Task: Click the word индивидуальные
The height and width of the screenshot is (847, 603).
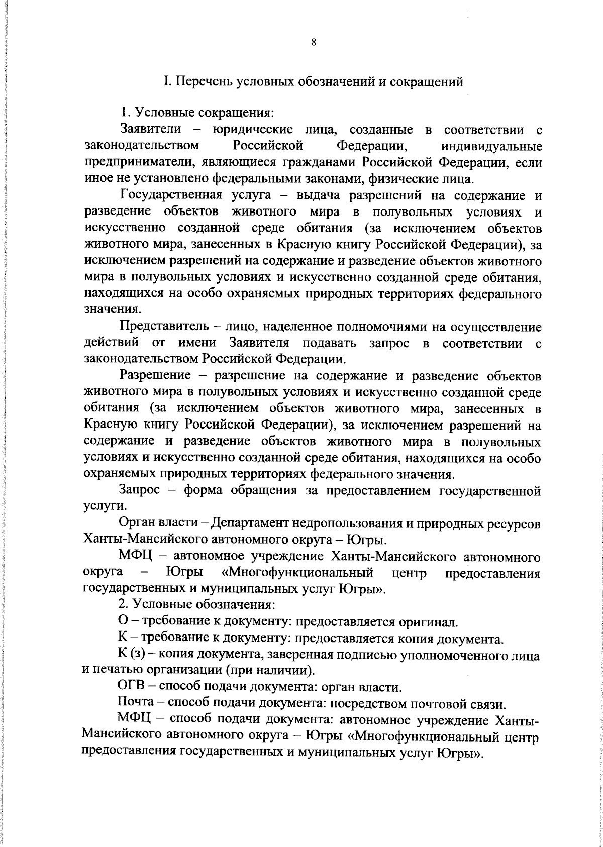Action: (x=491, y=147)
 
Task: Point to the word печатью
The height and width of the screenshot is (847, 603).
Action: (x=117, y=671)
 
